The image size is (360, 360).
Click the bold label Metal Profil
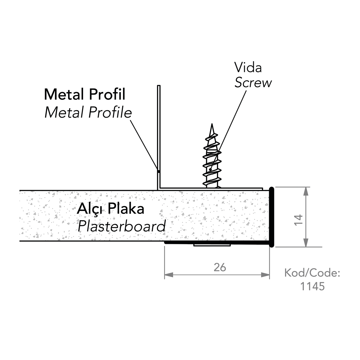click(85, 94)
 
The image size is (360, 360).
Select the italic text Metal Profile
click(88, 113)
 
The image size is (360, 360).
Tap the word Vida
click(248, 68)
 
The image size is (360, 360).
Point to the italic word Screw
click(253, 83)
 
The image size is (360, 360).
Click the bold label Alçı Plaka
click(110, 209)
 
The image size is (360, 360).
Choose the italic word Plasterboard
click(121, 226)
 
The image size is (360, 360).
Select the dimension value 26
click(220, 267)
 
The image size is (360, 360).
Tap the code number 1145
click(313, 286)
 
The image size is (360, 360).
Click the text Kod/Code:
click(312, 273)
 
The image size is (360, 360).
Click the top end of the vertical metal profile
click(159, 86)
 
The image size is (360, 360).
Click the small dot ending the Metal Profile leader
click(158, 172)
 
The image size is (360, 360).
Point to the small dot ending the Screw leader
click(211, 170)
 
